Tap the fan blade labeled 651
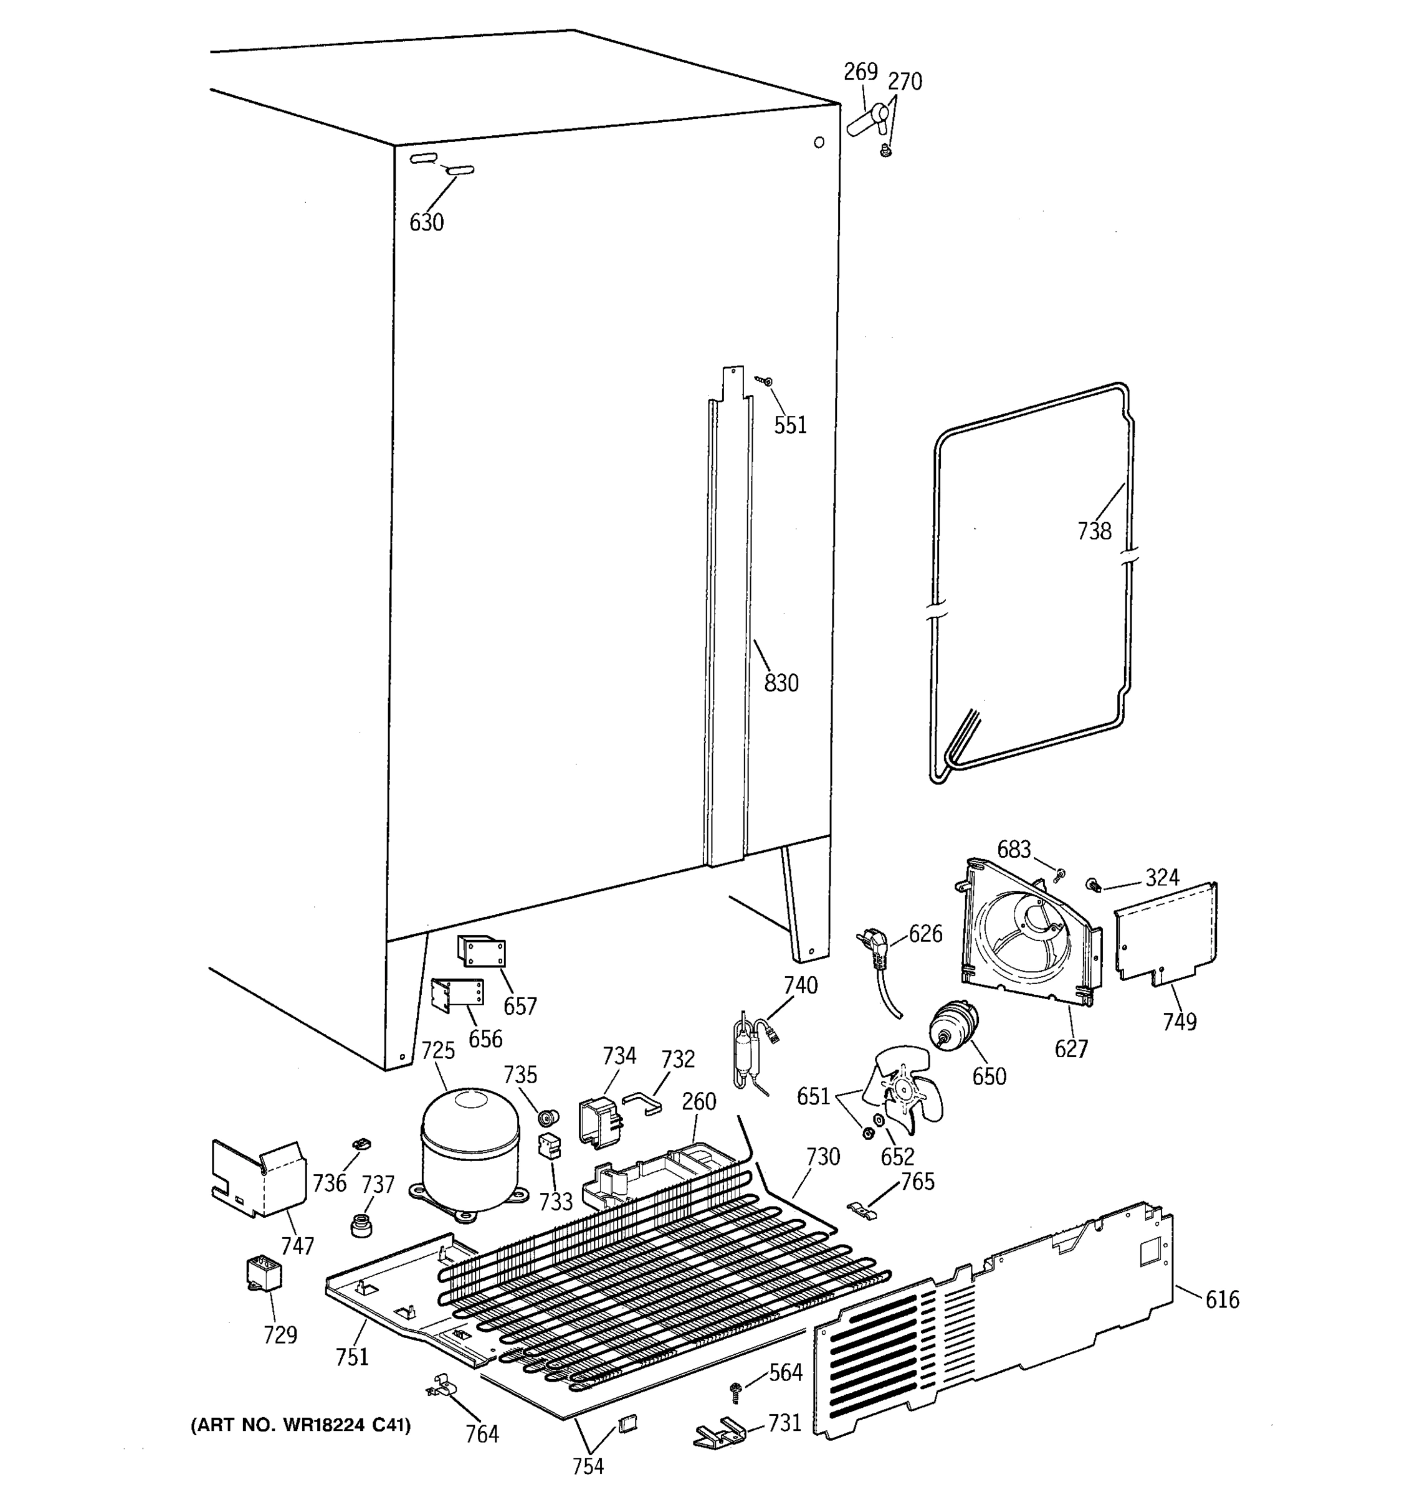(x=901, y=1089)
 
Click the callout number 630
(x=426, y=222)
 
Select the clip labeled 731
(x=720, y=1431)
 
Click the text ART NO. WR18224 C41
(x=301, y=1425)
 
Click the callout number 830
(x=781, y=683)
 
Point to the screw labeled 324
(x=1092, y=885)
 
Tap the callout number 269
(x=861, y=72)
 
